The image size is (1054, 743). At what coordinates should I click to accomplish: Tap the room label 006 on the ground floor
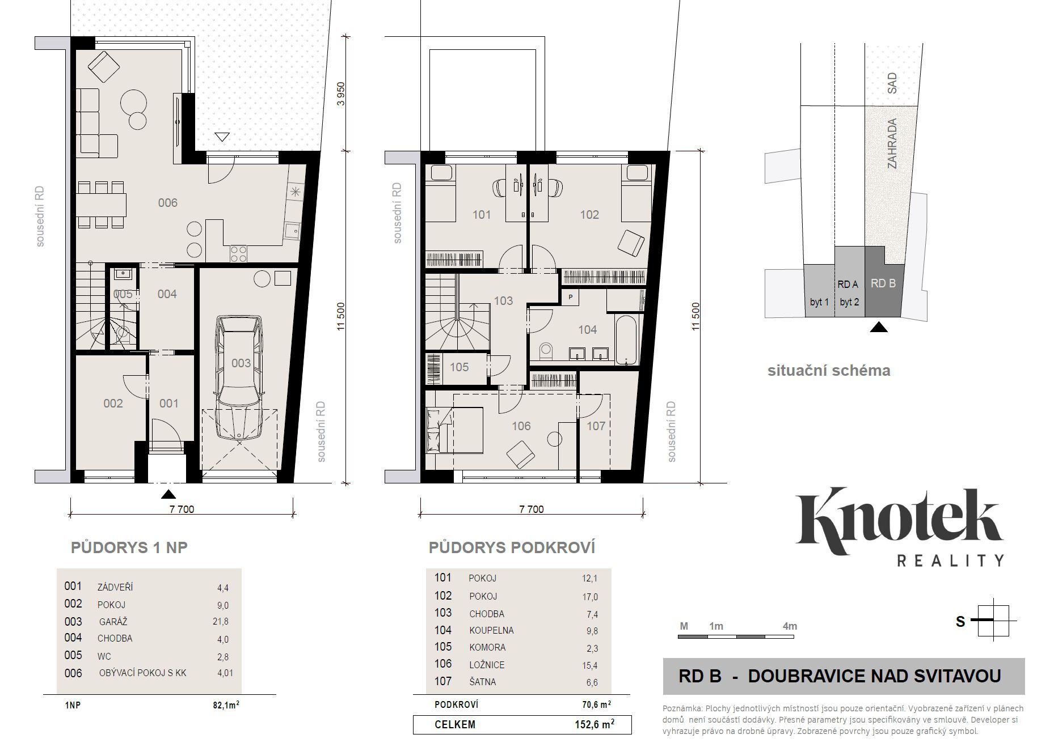(168, 203)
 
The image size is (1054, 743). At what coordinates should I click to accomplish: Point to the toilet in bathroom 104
(546, 351)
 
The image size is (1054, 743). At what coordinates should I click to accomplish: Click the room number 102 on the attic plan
(589, 215)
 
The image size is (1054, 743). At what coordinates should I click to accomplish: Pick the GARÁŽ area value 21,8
(220, 622)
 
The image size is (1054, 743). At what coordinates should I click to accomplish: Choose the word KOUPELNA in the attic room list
(491, 630)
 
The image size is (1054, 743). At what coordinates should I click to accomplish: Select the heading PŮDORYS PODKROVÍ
(512, 548)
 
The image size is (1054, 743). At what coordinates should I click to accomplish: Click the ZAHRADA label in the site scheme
(892, 143)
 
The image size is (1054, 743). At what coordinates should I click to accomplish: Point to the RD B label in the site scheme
(883, 283)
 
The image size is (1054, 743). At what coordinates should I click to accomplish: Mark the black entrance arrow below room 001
(168, 494)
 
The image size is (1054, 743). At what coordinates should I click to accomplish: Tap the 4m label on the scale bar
(790, 626)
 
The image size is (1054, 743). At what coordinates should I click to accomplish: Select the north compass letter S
(960, 622)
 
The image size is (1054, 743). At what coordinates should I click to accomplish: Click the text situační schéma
(829, 371)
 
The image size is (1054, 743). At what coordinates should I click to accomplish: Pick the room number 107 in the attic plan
(596, 426)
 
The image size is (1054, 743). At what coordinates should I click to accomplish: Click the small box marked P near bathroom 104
(570, 297)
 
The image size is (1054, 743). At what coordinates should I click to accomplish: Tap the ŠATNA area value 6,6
(592, 682)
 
